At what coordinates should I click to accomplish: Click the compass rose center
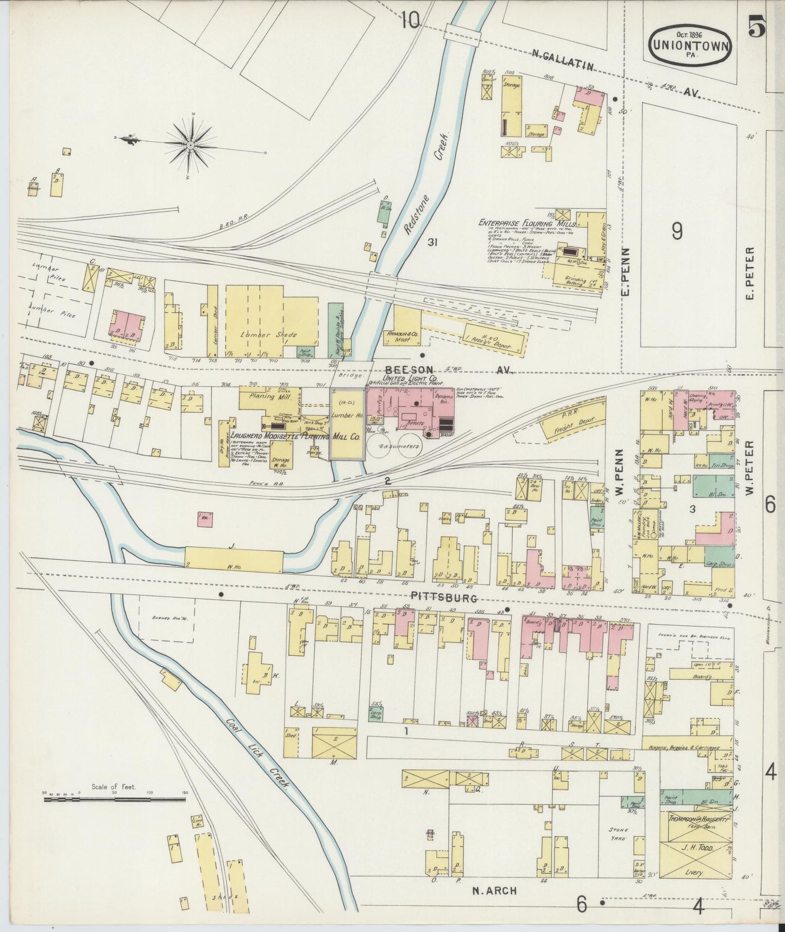click(191, 145)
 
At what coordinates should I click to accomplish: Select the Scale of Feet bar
click(115, 799)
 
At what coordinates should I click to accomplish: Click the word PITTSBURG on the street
click(444, 598)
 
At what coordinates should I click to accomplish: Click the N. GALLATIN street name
click(560, 60)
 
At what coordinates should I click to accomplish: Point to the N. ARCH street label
click(494, 891)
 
